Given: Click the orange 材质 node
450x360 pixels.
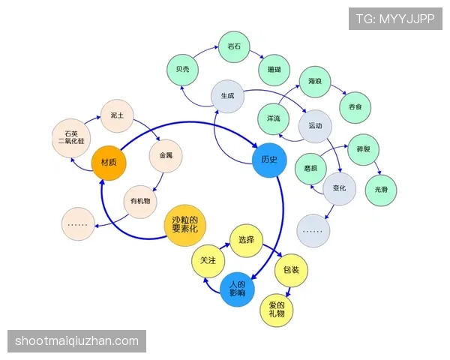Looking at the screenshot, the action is (109, 163).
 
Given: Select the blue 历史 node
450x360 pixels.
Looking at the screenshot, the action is (269, 160).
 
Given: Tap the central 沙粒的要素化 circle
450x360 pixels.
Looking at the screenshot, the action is (185, 225).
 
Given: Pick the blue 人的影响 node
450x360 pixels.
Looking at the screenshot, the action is (237, 289).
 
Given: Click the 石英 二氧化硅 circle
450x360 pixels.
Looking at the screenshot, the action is (71, 138).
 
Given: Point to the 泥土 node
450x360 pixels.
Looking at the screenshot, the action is (117, 115).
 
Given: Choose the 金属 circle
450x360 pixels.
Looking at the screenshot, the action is (166, 155).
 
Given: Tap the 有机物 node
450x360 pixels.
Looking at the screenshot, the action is (140, 202).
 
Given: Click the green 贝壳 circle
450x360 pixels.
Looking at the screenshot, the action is (182, 70).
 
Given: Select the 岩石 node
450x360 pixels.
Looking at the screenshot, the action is (234, 46).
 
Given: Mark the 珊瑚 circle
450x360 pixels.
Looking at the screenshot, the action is (274, 70).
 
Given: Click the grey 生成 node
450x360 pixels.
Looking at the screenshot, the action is (227, 96).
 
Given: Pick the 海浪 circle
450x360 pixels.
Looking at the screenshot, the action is (315, 82).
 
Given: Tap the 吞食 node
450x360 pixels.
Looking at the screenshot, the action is (355, 107).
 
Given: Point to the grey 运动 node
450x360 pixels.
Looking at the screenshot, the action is (315, 126).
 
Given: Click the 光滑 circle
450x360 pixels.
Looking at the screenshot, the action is (381, 190).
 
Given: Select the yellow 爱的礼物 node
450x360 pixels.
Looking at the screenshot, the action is (277, 310).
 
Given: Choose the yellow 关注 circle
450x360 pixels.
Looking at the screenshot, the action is (208, 261).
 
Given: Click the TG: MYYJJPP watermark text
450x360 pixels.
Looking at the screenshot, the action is (395, 19).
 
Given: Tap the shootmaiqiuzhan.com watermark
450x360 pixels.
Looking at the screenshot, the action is (76, 341).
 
